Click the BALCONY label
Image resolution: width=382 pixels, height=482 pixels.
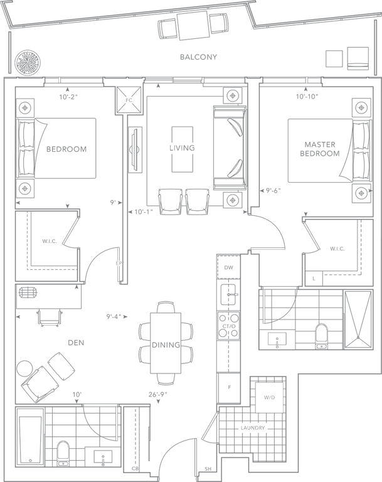pyautogui.click(x=198, y=57)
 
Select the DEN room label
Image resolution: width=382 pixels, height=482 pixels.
pyautogui.click(x=78, y=343)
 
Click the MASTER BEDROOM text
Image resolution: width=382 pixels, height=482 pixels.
pyautogui.click(x=320, y=149)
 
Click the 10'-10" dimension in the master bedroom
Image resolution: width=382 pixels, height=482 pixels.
pyautogui.click(x=307, y=97)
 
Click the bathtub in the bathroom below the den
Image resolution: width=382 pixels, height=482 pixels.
pyautogui.click(x=28, y=439)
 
